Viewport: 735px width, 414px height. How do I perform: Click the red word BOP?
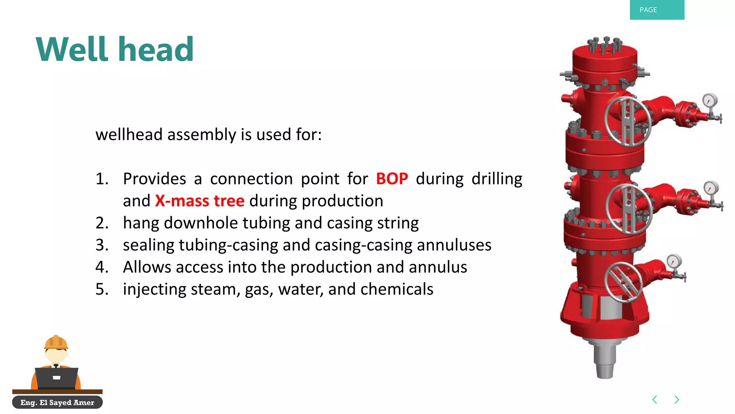click(392, 179)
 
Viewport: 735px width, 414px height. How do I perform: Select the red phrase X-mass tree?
click(200, 201)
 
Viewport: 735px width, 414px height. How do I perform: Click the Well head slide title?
click(115, 49)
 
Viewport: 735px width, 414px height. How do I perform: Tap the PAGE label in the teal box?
click(648, 10)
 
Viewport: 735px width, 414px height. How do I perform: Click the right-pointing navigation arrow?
click(677, 400)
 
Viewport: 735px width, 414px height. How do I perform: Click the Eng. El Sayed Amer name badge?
click(57, 402)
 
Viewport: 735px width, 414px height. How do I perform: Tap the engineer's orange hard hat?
click(56, 342)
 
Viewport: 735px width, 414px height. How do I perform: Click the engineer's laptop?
click(56, 378)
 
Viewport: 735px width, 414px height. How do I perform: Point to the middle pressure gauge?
click(711, 188)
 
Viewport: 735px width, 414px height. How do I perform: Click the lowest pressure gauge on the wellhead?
click(674, 262)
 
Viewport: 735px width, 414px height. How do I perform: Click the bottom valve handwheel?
click(623, 282)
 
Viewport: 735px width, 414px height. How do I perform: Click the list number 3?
click(102, 245)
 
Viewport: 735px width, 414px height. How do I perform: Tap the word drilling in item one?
click(497, 179)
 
